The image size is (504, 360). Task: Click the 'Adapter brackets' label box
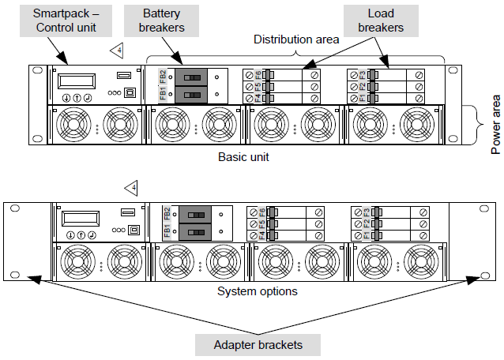258,345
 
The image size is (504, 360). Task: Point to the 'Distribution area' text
296,39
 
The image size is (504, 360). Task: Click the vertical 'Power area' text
496,126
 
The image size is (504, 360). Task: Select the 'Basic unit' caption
243,157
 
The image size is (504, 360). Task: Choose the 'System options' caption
258,291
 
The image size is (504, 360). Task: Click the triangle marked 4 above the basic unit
117,51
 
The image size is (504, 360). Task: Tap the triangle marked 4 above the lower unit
131,188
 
